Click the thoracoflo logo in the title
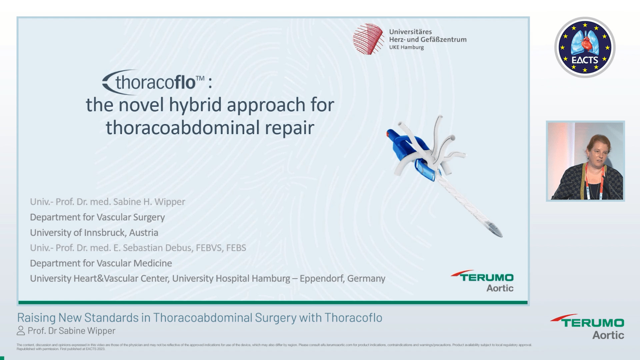pyautogui.click(x=153, y=82)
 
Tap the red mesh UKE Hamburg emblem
pyautogui.click(x=368, y=39)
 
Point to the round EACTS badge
pyautogui.click(x=585, y=47)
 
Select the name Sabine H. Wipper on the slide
pyautogui.click(x=149, y=202)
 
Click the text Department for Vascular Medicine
pyautogui.click(x=101, y=263)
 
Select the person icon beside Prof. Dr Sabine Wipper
pyautogui.click(x=21, y=331)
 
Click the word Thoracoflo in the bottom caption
pyautogui.click(x=353, y=318)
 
